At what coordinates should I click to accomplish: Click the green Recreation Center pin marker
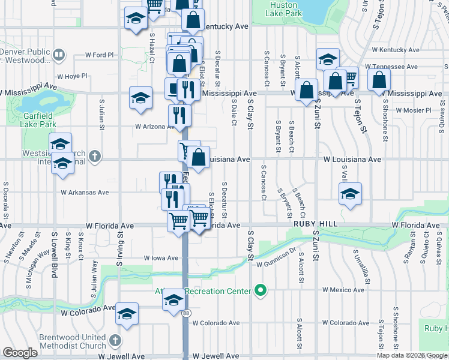[x=260, y=291]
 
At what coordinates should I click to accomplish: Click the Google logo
[x=20, y=353]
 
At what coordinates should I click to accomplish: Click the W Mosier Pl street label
[x=411, y=110]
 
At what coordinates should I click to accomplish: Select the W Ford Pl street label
[x=99, y=55]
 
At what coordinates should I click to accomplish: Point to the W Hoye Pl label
[x=72, y=76]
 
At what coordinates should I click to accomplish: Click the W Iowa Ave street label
[x=161, y=258]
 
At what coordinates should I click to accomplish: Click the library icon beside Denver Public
[x=59, y=56]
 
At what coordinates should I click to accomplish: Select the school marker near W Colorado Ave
[x=127, y=315]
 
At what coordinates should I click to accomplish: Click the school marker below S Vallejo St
[x=350, y=194]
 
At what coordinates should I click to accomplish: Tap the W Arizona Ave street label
[x=153, y=127]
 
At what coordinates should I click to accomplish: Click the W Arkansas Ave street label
[x=85, y=193]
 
